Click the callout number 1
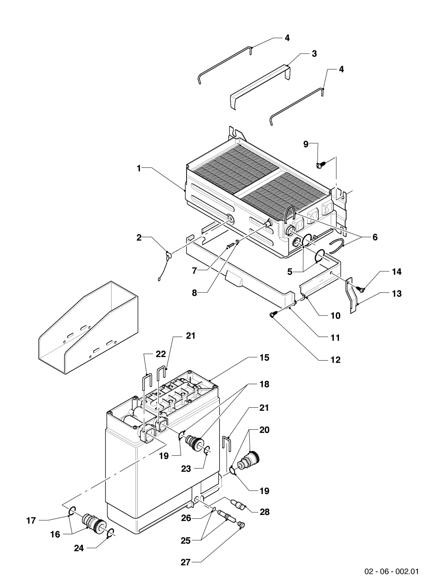139,169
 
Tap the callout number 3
314,54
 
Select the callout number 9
306,144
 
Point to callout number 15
264,358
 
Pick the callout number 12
335,360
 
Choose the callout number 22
160,354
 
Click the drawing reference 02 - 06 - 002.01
392,569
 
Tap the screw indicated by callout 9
321,165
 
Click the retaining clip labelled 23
207,450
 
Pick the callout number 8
194,293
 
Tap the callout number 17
31,521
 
